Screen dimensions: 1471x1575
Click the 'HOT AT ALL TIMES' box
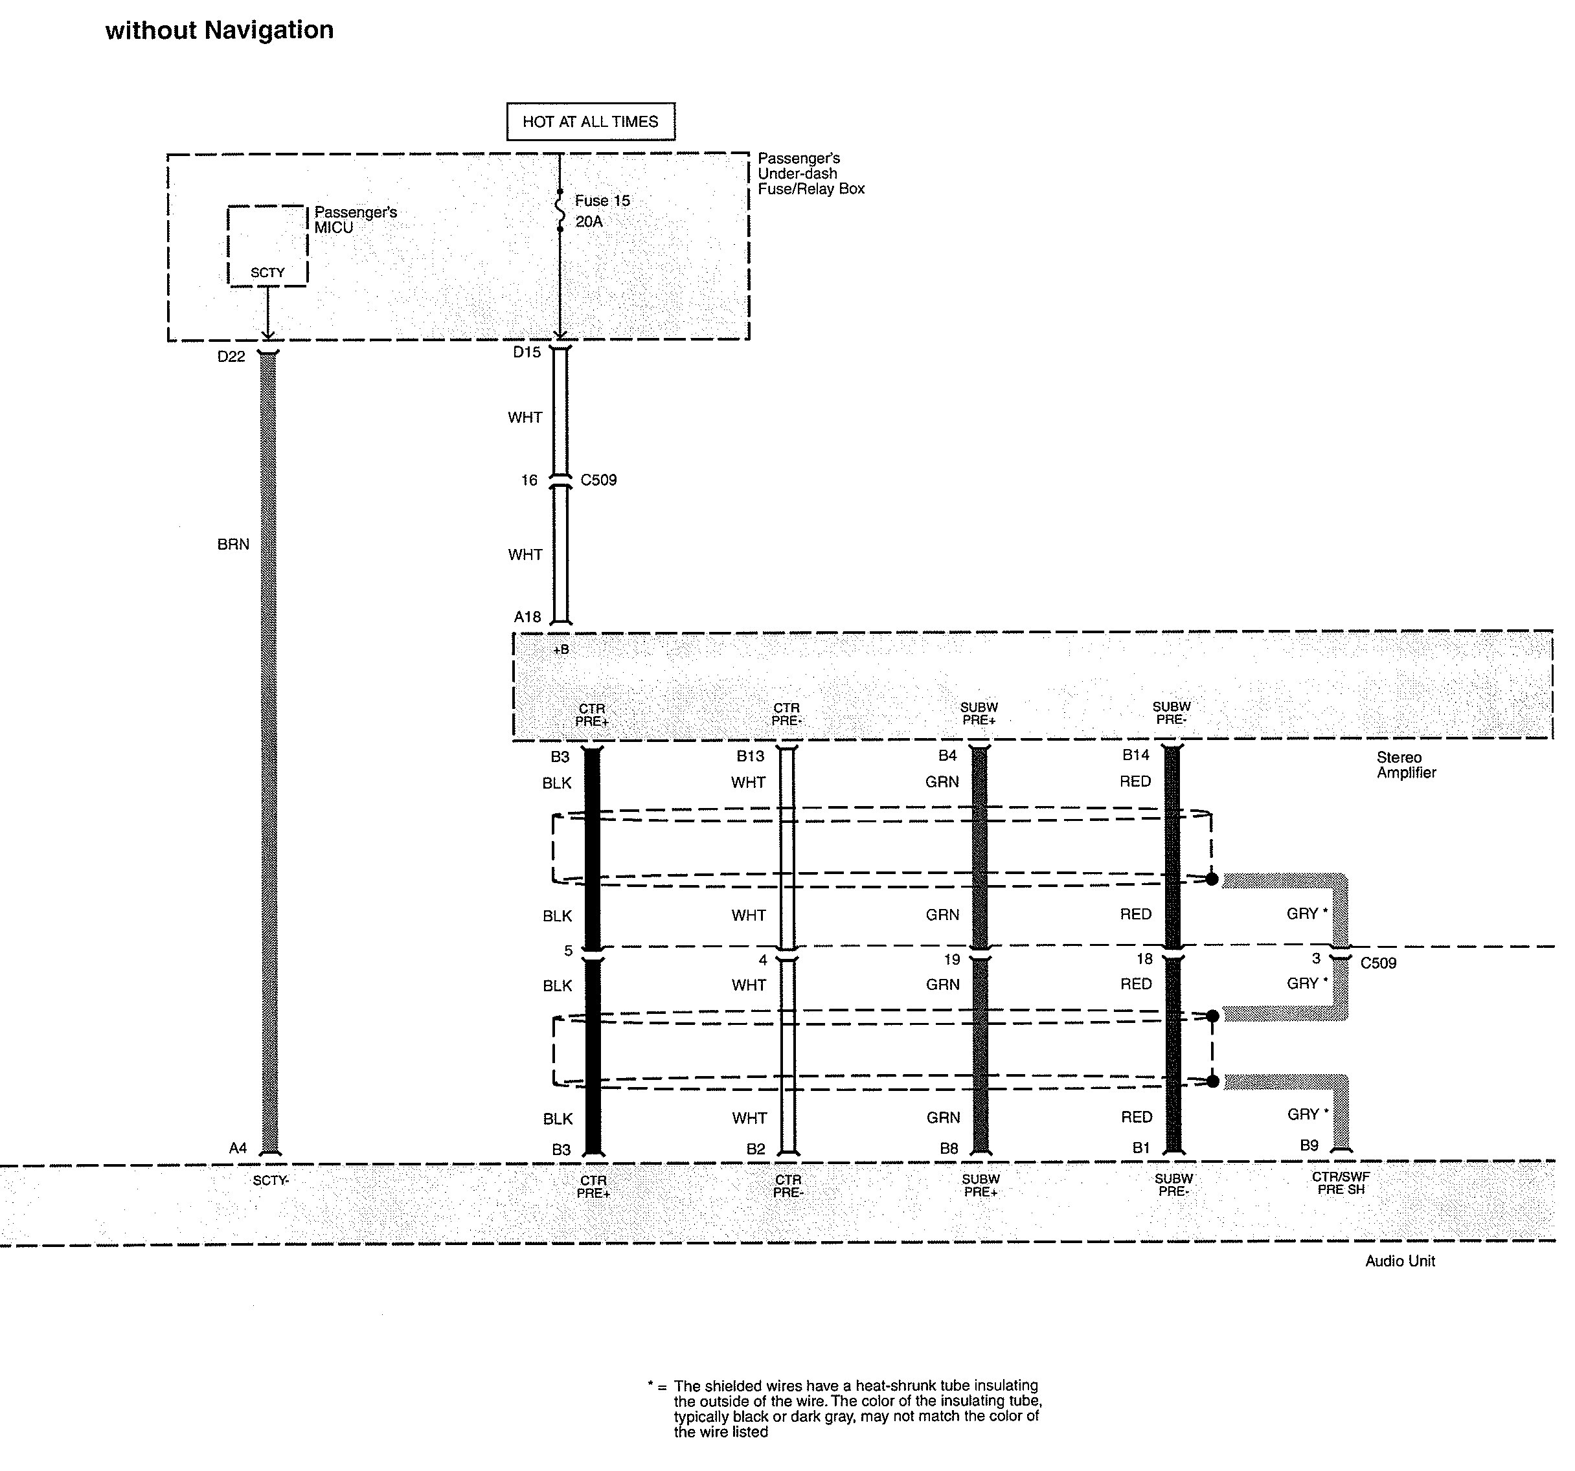[590, 121]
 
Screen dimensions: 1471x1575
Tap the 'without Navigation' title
[220, 30]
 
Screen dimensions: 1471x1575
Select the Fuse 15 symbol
[560, 210]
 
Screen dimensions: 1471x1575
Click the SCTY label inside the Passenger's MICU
[267, 273]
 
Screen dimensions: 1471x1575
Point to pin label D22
[231, 357]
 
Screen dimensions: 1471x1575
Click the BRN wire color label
[233, 545]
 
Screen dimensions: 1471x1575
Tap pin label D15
[527, 352]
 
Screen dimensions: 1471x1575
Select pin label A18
[528, 617]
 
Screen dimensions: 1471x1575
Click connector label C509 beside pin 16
[598, 480]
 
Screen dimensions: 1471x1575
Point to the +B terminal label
[561, 649]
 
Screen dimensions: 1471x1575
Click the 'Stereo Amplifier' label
[1406, 765]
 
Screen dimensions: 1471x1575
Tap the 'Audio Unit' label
[1400, 1261]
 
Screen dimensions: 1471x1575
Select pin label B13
[751, 756]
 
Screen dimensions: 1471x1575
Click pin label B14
[1135, 755]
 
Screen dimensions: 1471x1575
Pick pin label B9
[1309, 1145]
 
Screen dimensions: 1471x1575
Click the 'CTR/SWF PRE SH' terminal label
[1341, 1184]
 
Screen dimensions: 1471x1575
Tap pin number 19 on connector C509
[951, 960]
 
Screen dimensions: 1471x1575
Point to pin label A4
[238, 1148]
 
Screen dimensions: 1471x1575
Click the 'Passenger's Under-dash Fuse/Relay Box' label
[810, 174]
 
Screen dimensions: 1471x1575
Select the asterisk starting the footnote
[650, 1385]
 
